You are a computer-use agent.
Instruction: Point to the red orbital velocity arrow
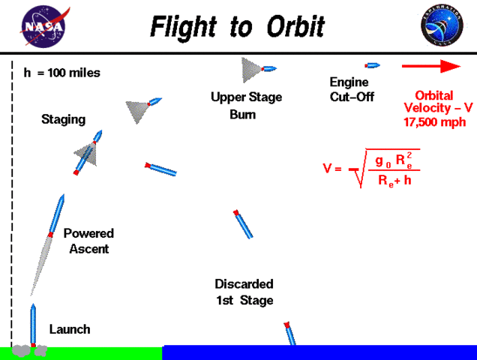(x=430, y=67)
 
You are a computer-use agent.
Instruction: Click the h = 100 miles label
(x=62, y=73)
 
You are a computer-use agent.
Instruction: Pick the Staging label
(x=63, y=119)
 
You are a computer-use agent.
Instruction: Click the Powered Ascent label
(x=89, y=241)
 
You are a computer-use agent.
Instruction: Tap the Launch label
(x=70, y=329)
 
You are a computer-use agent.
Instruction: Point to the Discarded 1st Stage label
(x=244, y=292)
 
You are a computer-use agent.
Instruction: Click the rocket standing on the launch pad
(x=33, y=324)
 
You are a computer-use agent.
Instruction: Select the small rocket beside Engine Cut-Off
(x=372, y=66)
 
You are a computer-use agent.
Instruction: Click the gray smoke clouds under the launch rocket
(x=31, y=350)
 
